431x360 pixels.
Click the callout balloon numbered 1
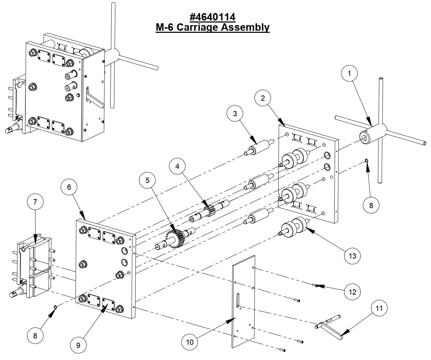[349, 74]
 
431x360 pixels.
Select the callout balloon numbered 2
[263, 98]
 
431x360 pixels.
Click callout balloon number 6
[69, 187]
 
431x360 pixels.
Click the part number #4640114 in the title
[212, 17]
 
